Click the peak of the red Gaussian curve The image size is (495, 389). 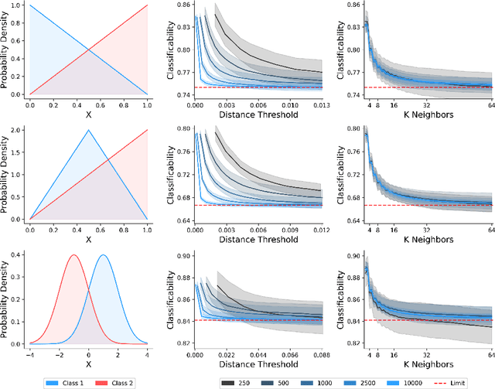tap(73, 255)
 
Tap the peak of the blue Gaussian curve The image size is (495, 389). tap(103, 255)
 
